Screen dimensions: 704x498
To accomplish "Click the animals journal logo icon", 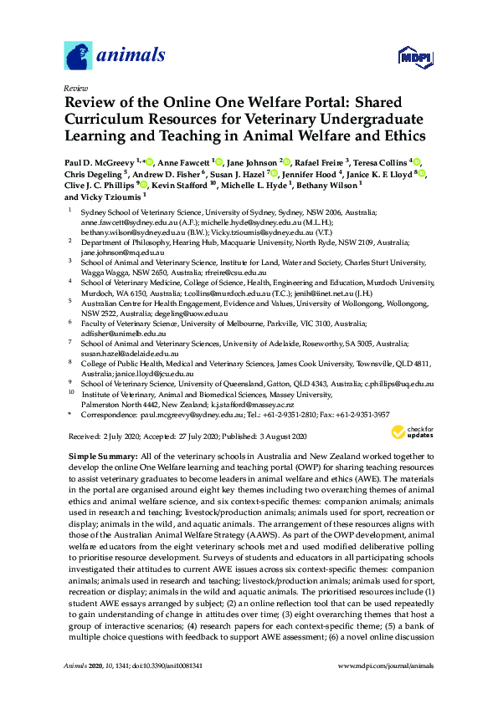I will click(x=78, y=55).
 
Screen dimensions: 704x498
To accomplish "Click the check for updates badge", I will click(x=409, y=432).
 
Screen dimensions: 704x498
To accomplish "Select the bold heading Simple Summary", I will click(x=101, y=452).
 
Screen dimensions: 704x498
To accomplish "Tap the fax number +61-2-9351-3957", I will click(x=359, y=413).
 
